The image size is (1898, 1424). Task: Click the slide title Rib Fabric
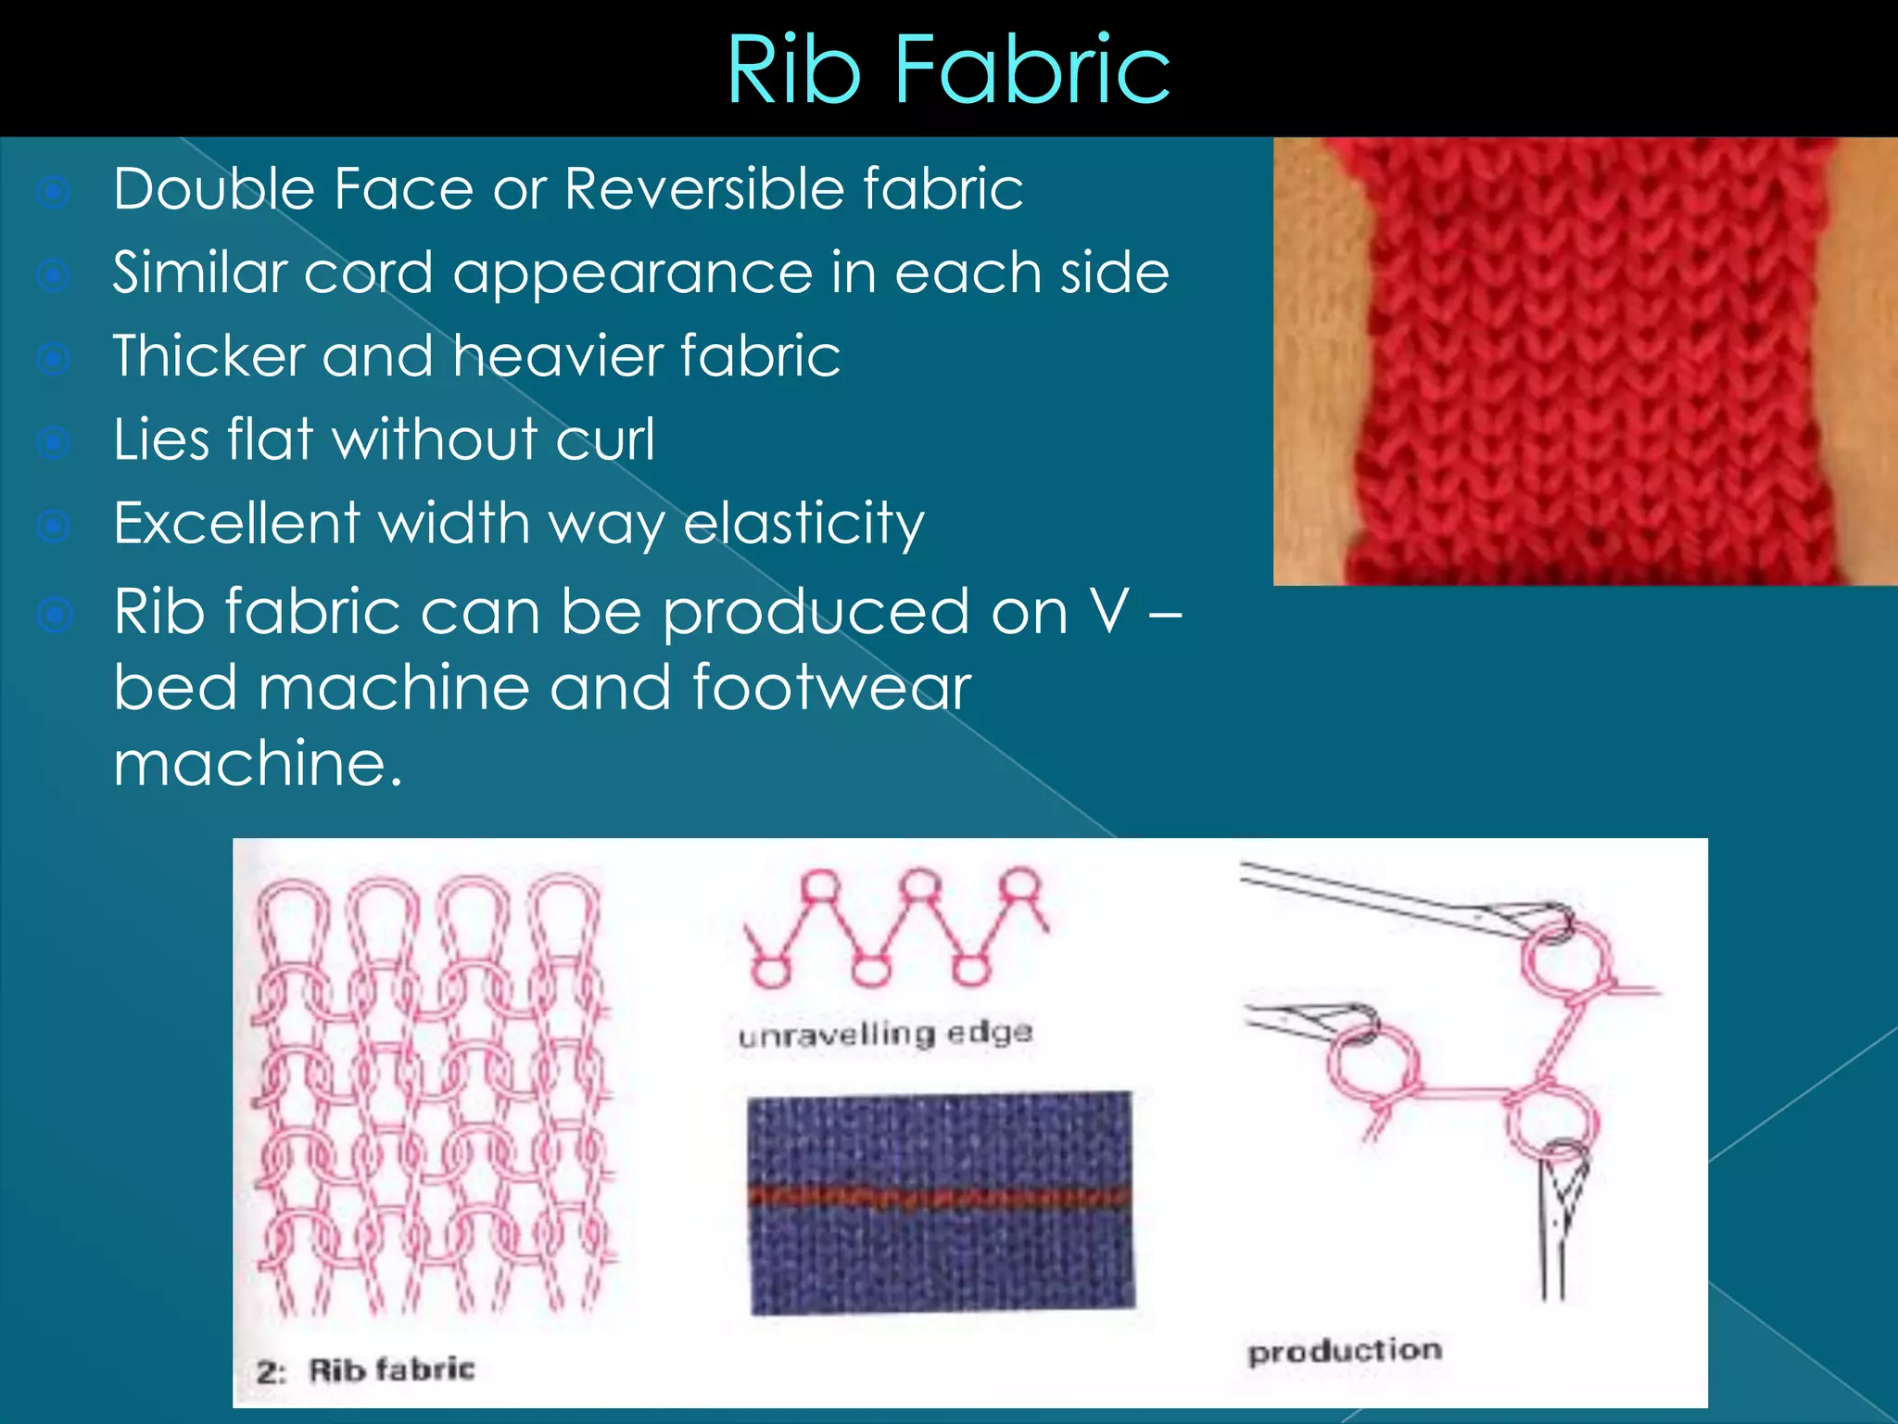pos(948,70)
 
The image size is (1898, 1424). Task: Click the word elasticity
pos(803,524)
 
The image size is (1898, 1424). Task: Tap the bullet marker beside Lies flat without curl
pos(54,442)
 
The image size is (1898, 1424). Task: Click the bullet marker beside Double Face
pos(54,192)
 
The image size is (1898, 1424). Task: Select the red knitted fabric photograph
pos(1585,362)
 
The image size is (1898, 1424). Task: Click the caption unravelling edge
pos(885,1033)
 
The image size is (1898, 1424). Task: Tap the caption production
pos(1345,1351)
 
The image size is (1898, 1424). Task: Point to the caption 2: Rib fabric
pos(365,1370)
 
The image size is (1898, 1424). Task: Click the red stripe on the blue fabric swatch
pos(940,1197)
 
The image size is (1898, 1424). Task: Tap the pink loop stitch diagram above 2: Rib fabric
pos(431,1094)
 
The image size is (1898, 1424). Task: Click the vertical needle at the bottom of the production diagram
pos(1559,1224)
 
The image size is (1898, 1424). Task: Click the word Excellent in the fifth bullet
pos(236,523)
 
